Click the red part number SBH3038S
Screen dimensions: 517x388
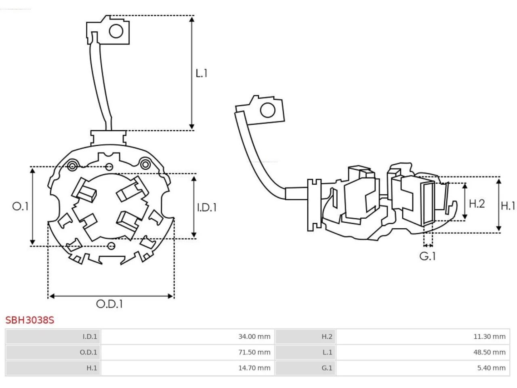coord(29,320)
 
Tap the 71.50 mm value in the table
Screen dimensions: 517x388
coord(254,352)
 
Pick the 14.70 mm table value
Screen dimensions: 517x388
coord(254,368)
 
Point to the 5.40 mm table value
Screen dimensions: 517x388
coord(491,368)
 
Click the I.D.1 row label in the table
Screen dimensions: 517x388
coord(90,336)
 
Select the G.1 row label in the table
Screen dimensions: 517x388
coord(327,368)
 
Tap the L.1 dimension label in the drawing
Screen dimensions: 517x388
coord(202,73)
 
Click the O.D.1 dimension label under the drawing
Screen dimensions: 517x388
coord(109,304)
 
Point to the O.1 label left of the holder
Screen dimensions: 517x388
coord(20,207)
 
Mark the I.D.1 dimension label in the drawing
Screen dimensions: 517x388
coord(206,207)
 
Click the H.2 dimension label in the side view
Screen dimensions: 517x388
coord(477,204)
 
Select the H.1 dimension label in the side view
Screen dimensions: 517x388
coord(508,206)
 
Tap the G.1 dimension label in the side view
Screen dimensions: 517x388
coord(427,256)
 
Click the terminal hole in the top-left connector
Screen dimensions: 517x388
coord(116,31)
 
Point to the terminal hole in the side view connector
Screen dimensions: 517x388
coord(267,110)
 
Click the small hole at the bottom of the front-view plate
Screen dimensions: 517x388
coord(111,246)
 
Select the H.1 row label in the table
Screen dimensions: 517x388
coord(92,368)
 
